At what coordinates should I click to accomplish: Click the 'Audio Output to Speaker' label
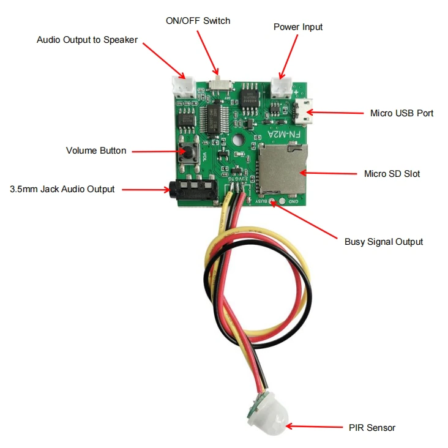click(87, 40)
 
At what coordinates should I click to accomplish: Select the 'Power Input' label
click(298, 27)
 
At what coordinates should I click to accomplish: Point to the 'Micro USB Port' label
click(402, 113)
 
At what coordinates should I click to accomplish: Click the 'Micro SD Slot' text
click(392, 174)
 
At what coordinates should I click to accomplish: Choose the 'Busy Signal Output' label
click(384, 242)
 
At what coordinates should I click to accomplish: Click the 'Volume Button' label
click(96, 151)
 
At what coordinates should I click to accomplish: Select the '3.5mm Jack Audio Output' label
click(62, 189)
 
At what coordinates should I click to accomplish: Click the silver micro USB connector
click(302, 111)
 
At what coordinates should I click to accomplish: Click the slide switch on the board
click(215, 84)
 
